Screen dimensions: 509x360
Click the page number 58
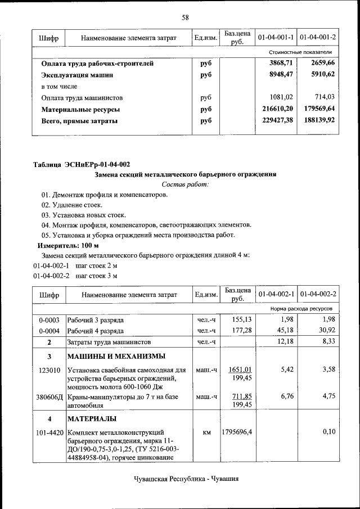click(184, 17)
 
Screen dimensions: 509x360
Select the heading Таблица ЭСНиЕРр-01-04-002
click(82, 164)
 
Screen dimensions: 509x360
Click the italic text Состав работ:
click(184, 184)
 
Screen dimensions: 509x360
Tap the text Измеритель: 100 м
click(67, 246)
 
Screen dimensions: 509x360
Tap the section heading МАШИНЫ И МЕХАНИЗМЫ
click(116, 357)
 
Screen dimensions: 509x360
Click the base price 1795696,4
click(238, 432)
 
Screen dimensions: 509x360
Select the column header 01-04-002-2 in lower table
click(318, 294)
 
